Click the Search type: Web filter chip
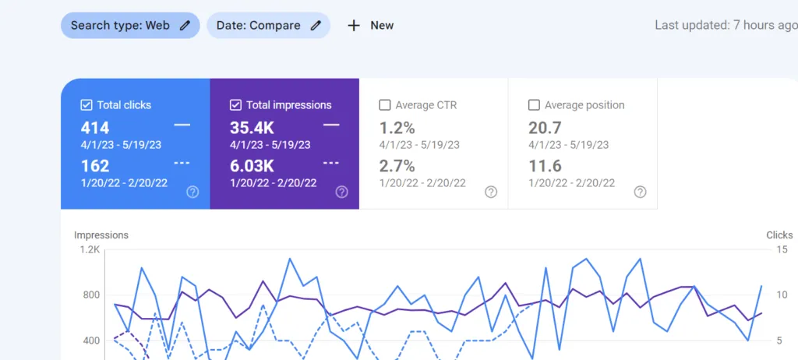tap(130, 26)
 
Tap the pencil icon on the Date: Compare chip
tap(316, 26)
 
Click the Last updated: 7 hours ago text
tap(726, 26)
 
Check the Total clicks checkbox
tap(86, 105)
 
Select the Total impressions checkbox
tap(235, 105)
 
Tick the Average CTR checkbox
tap(385, 105)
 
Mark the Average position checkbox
tap(534, 105)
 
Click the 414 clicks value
tap(95, 128)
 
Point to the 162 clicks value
tap(95, 166)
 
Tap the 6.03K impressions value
tap(252, 166)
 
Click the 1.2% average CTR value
tap(397, 128)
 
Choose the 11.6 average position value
tap(545, 166)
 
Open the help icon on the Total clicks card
tap(192, 192)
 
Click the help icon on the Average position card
tap(641, 192)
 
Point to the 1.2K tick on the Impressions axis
tap(90, 249)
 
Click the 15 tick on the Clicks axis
tap(782, 249)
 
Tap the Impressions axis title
tap(101, 235)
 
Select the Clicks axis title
tap(779, 235)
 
